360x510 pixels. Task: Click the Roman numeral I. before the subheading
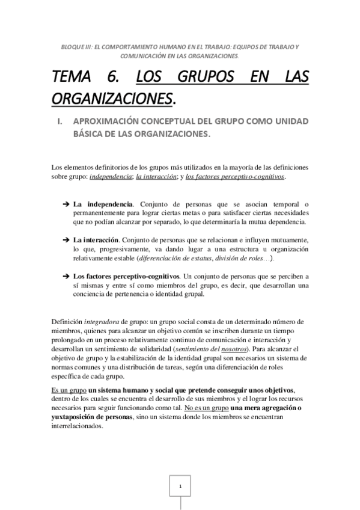coord(59,121)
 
